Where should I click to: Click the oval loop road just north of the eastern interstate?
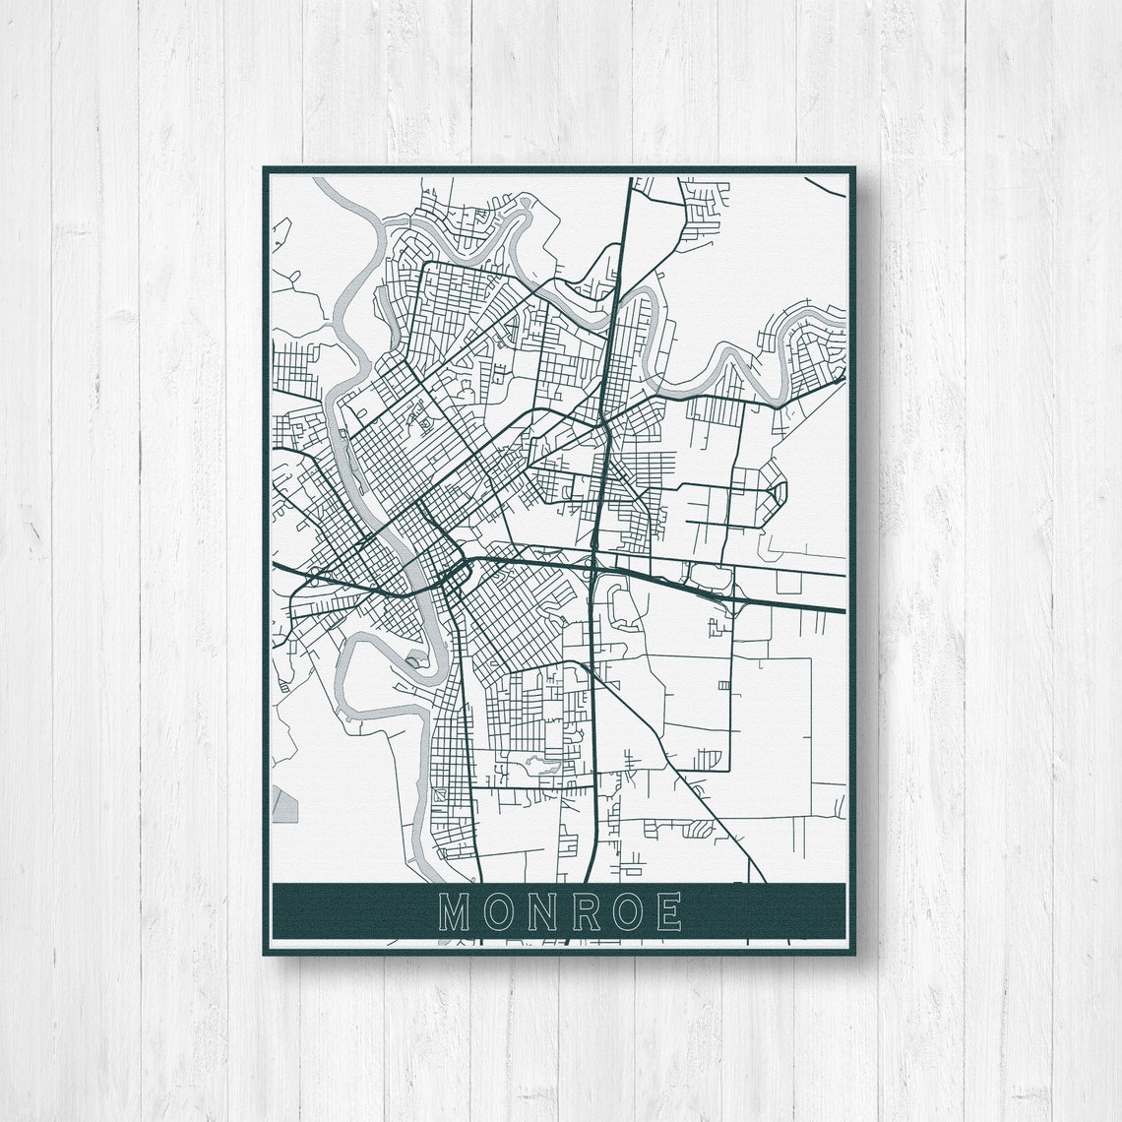709,577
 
